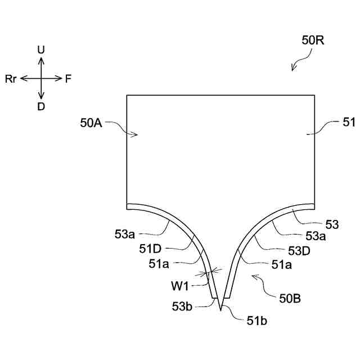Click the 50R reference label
pos(313,40)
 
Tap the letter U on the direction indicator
pos(41,50)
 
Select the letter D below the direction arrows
pos(41,106)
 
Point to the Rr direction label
pos(11,79)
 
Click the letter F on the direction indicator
pos(68,79)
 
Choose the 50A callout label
pos(91,123)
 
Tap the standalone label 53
pos(332,225)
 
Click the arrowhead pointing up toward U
pos(41,58)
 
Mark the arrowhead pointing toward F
pos(60,79)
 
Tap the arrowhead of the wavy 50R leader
pos(293,69)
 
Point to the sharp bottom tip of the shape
pos(221,311)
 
